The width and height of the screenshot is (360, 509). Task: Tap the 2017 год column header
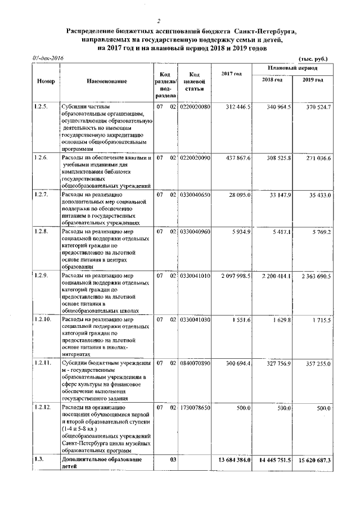coord(231,74)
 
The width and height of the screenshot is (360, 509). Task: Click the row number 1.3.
coord(38,460)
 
